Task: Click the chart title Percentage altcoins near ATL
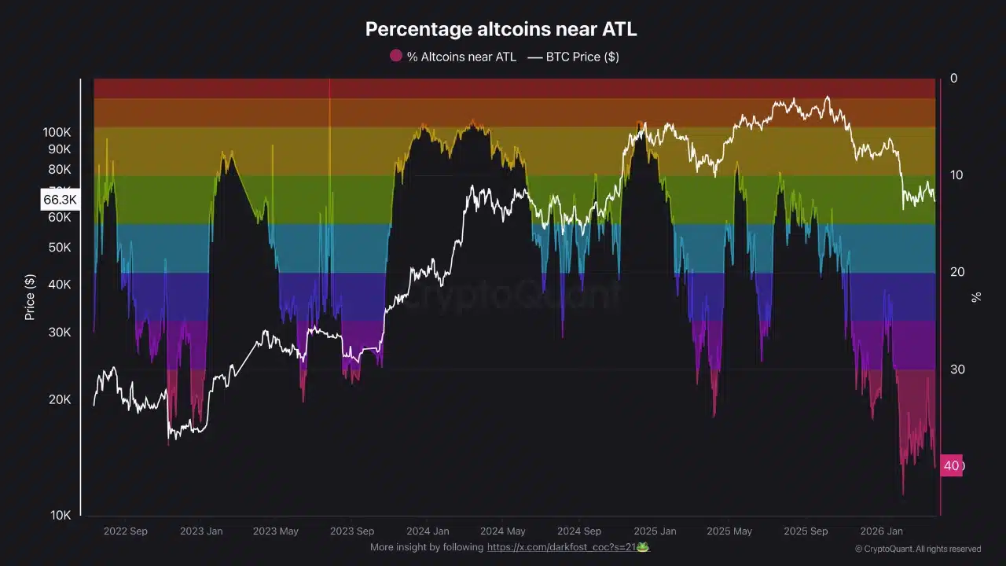pos(501,30)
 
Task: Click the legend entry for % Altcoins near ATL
pos(453,57)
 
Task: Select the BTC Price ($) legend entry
pos(573,57)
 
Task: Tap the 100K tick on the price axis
pos(57,133)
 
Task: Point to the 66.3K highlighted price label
pos(60,200)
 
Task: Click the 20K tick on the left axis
pos(60,399)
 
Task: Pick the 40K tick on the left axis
pos(60,285)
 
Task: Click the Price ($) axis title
pos(30,297)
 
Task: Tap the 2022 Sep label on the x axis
pos(125,531)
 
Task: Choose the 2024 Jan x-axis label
pos(428,531)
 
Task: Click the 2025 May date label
pos(729,531)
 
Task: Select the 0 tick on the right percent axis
pos(954,78)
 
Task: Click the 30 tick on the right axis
pos(956,369)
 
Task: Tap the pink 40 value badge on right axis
pos(952,465)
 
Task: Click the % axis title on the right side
pos(976,297)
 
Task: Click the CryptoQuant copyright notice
pos(917,549)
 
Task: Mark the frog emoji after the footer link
pos(643,547)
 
